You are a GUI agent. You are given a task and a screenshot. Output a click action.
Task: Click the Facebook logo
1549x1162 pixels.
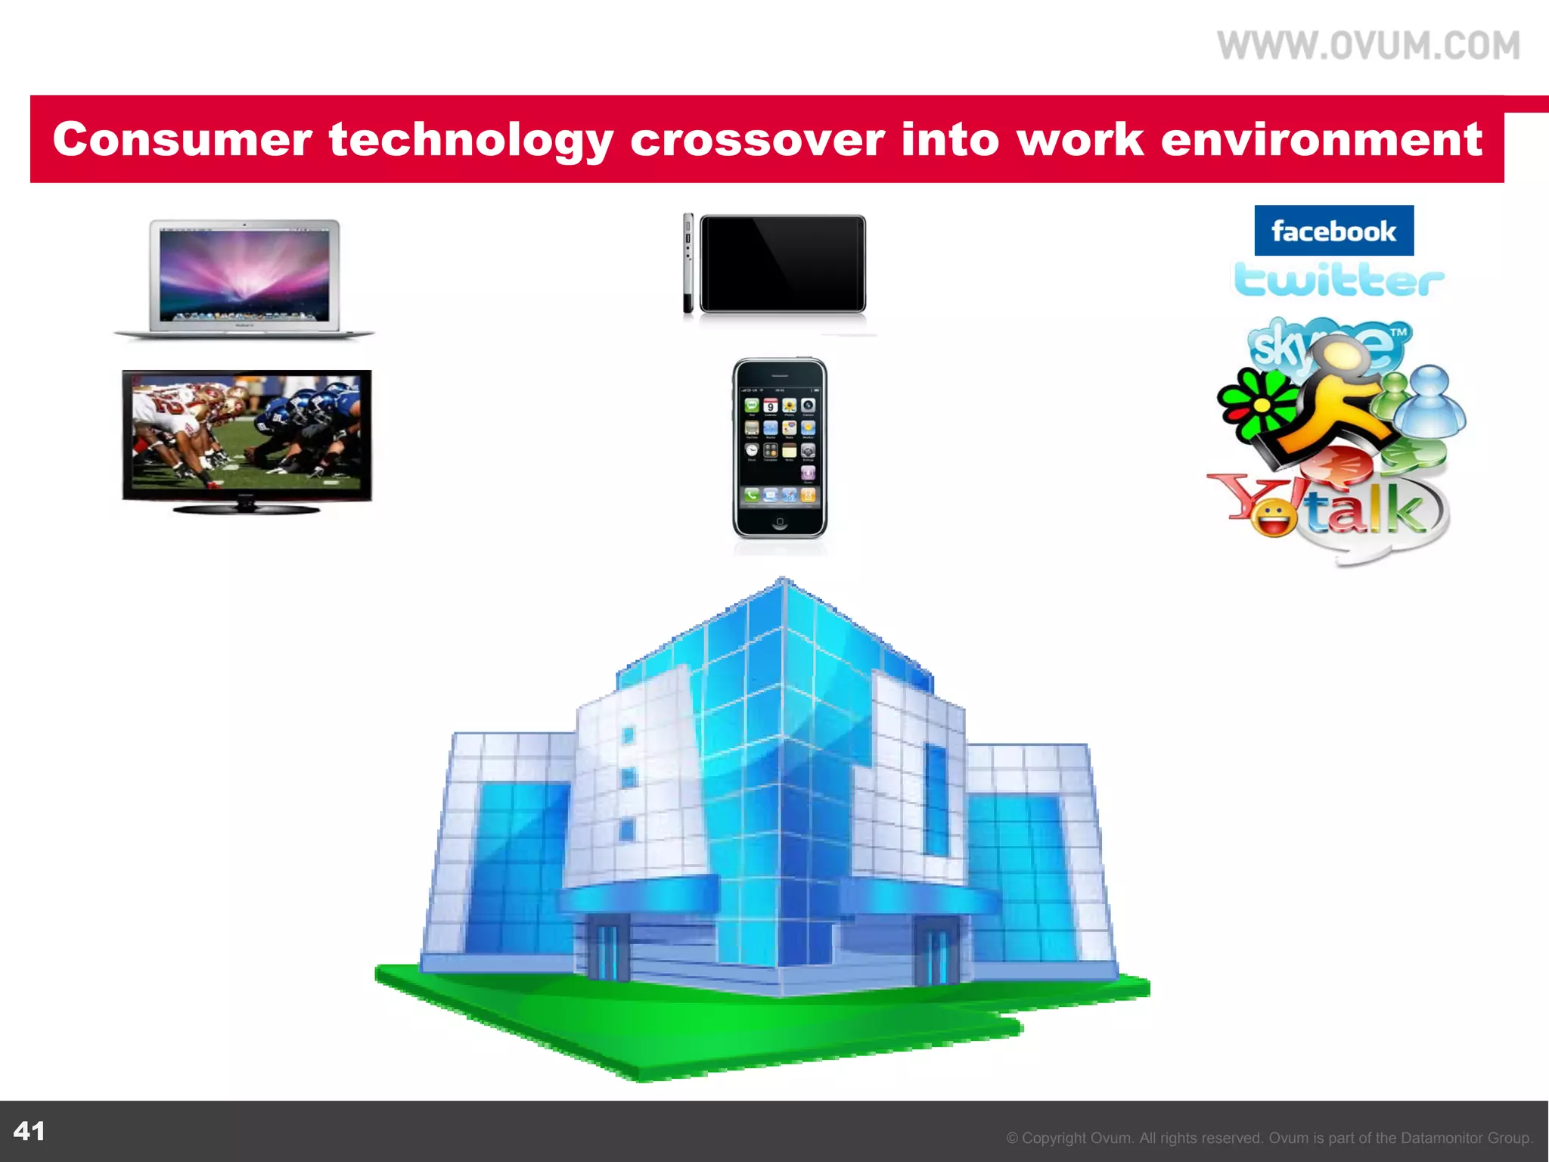pos(1333,231)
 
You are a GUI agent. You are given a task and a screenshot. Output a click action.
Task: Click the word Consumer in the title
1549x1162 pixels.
pos(182,140)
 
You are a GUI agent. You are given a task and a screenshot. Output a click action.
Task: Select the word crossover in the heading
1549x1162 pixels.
pos(757,140)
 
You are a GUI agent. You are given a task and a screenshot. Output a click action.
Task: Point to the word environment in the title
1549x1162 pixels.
pos(1321,140)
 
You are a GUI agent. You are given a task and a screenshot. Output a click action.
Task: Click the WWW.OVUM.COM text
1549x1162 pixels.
pos(1368,46)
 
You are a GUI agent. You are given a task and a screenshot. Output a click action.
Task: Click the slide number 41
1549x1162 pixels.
pos(29,1131)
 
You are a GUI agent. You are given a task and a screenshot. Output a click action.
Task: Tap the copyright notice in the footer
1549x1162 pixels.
pos(1269,1138)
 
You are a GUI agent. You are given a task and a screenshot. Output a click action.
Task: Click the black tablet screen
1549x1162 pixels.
pos(782,263)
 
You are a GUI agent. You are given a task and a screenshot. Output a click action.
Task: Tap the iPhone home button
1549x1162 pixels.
pos(780,522)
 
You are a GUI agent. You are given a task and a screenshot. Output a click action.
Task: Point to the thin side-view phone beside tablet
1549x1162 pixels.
pos(688,263)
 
